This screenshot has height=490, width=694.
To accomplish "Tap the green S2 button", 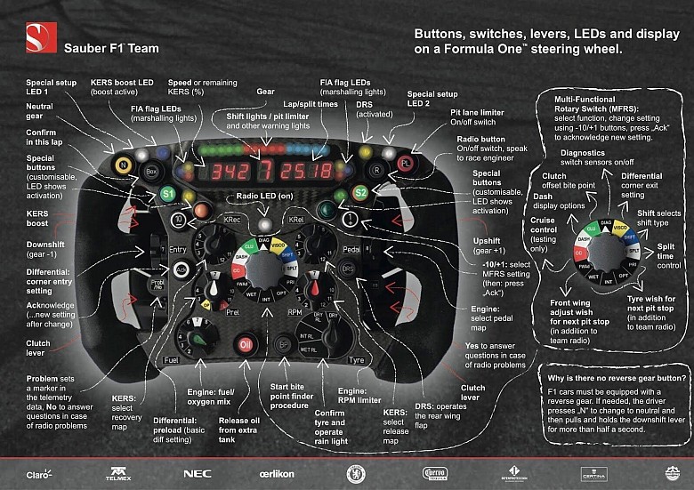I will point(359,192).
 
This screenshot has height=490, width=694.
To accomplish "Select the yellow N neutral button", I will point(121,165).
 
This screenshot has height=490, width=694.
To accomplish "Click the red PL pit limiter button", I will point(405,165).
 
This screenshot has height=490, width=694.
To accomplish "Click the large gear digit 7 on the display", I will point(264,169).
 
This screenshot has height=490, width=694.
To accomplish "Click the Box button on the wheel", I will point(151,169).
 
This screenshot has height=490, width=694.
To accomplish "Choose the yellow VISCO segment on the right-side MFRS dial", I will point(619,229).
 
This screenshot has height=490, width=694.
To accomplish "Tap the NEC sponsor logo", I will point(197,473).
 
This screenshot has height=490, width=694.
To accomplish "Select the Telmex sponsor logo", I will point(118,473).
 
